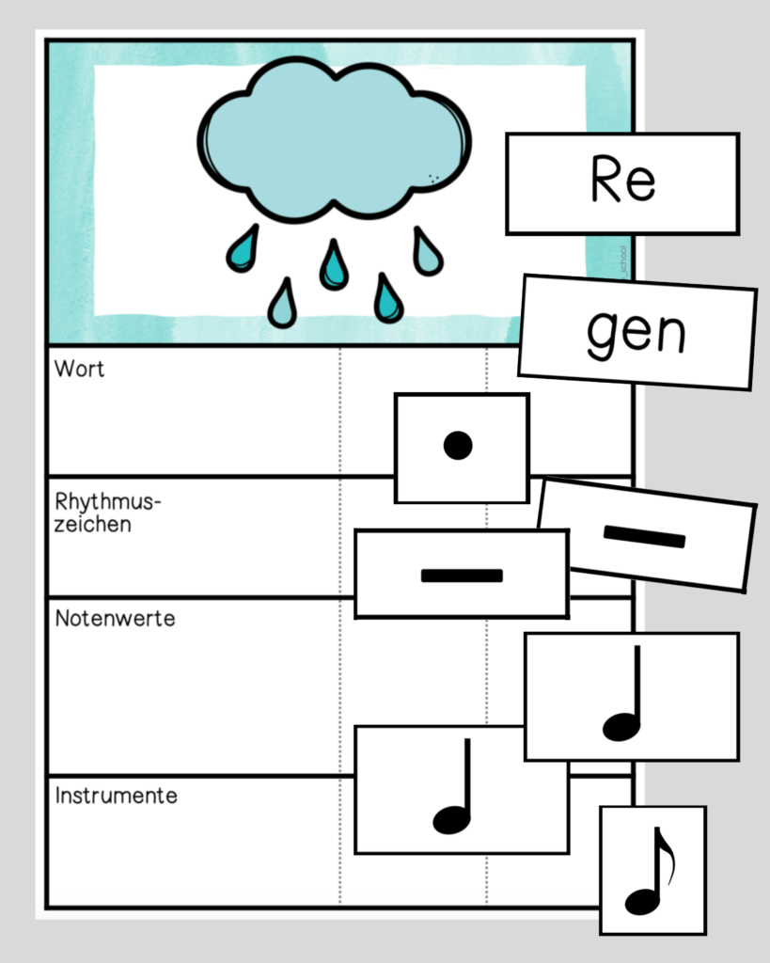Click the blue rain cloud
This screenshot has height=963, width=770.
[x=334, y=141]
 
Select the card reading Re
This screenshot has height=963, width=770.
[x=622, y=182]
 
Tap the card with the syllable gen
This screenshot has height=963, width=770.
[x=637, y=332]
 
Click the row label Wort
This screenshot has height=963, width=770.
[x=80, y=370]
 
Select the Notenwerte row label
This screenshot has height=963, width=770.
[x=115, y=619]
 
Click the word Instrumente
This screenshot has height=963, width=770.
[x=116, y=796]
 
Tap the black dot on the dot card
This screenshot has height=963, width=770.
[x=458, y=445]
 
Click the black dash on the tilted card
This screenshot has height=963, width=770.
[x=644, y=536]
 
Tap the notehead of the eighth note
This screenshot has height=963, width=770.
[x=642, y=901]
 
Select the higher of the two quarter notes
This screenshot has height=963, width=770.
[x=623, y=696]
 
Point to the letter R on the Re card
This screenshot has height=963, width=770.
[x=605, y=181]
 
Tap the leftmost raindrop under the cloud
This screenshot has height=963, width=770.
[x=242, y=248]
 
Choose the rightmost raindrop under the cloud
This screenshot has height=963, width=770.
[x=427, y=252]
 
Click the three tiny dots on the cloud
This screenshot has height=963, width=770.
[x=433, y=178]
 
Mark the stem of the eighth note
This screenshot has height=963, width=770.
[x=656, y=865]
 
